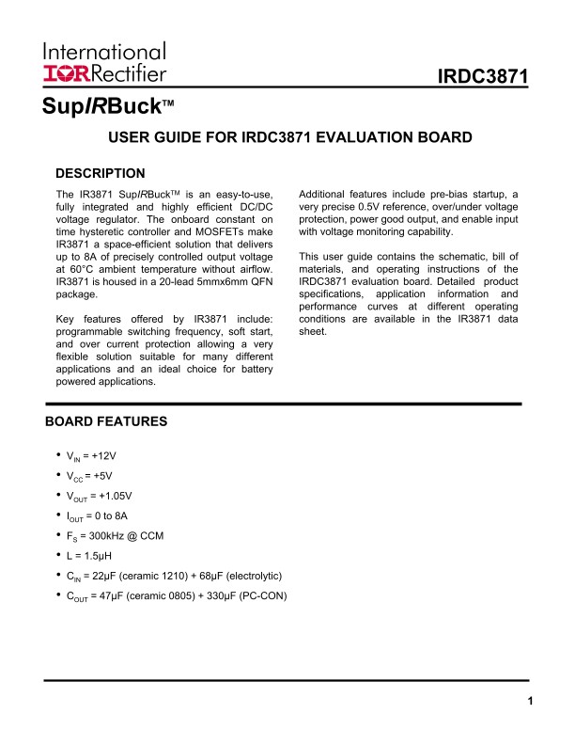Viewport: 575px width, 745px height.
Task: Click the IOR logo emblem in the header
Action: pos(63,73)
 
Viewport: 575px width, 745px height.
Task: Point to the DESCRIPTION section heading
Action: pos(101,173)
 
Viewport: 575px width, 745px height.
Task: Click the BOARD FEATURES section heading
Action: pos(106,421)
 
